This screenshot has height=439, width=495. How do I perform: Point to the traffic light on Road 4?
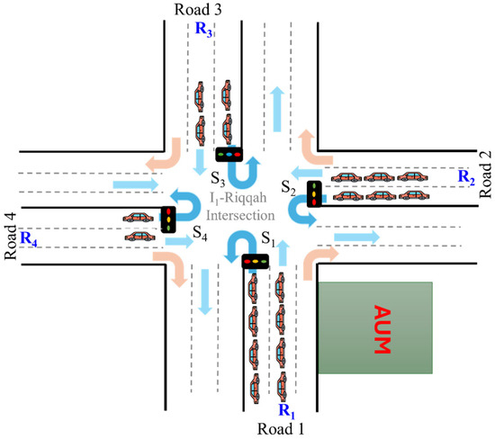(167, 219)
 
